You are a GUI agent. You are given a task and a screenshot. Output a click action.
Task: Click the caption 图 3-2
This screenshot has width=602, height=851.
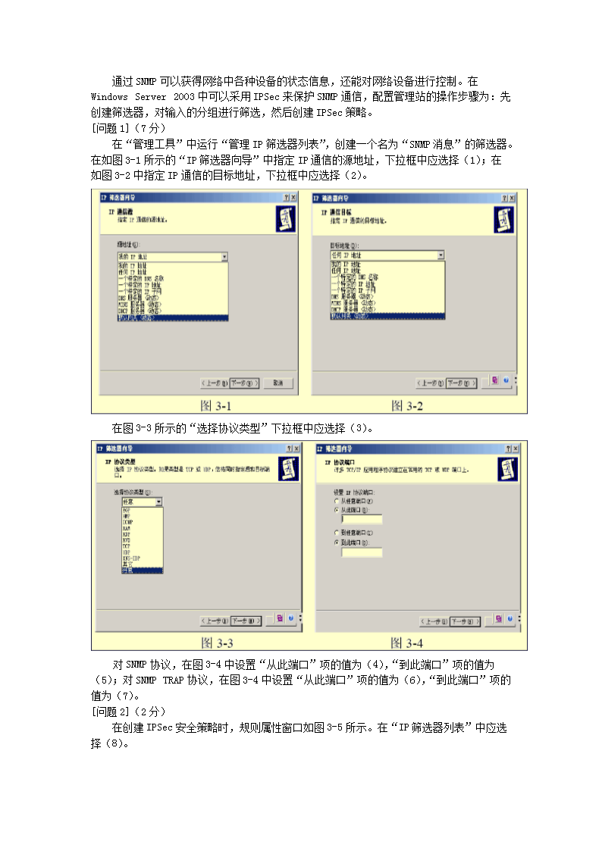(x=406, y=406)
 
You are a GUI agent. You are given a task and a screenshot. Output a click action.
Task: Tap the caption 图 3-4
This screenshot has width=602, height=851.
(x=406, y=643)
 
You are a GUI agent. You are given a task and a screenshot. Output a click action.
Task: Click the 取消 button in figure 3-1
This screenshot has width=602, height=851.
(x=278, y=383)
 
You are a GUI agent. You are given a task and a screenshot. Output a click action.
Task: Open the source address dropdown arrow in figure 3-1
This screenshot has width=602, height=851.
(x=224, y=257)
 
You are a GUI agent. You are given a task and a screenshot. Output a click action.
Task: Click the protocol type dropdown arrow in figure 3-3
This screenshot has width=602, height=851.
(x=158, y=502)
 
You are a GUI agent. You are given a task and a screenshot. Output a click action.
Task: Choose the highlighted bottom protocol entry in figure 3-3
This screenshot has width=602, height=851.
(x=142, y=570)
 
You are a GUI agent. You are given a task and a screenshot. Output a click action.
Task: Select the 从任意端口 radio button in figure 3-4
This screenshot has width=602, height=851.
(x=337, y=502)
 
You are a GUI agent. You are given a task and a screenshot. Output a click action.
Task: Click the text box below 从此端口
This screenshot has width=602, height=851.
(x=362, y=520)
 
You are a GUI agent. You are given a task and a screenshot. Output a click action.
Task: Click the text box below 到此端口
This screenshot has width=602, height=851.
(x=362, y=553)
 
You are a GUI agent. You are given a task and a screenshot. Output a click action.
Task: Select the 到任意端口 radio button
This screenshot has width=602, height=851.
(x=337, y=533)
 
